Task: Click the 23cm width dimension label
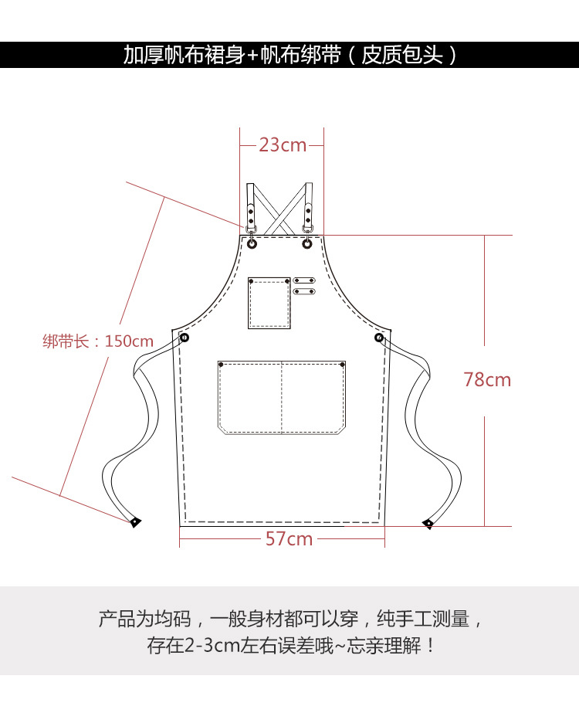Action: click(282, 144)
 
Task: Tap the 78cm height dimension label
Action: click(487, 379)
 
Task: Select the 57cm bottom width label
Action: click(289, 538)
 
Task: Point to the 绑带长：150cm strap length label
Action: click(98, 341)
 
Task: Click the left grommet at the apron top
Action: click(252, 243)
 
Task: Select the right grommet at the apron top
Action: click(307, 243)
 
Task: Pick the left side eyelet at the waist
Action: click(185, 338)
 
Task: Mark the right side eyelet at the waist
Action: click(379, 338)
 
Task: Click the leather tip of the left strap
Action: click(135, 522)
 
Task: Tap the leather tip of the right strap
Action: click(428, 525)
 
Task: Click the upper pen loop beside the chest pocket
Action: click(305, 280)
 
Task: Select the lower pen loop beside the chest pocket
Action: click(305, 291)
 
